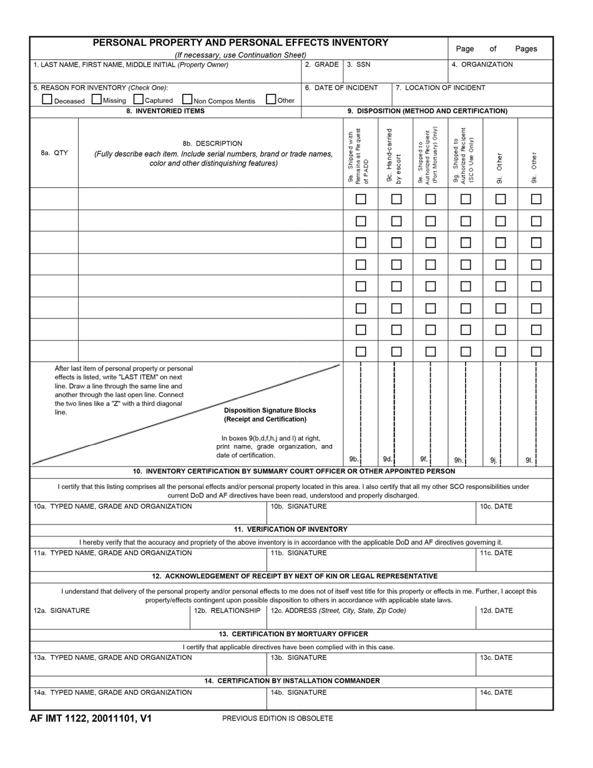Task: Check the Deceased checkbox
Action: pyautogui.click(x=47, y=99)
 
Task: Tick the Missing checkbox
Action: pyautogui.click(x=97, y=99)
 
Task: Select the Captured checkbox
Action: pyautogui.click(x=139, y=99)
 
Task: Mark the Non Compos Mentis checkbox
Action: pyautogui.click(x=187, y=99)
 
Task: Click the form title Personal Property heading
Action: pyautogui.click(x=240, y=42)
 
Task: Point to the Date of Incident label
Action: pyautogui.click(x=341, y=87)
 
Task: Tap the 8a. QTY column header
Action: pyautogui.click(x=54, y=153)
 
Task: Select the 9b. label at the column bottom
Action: pyautogui.click(x=354, y=459)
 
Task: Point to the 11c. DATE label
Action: pyautogui.click(x=496, y=553)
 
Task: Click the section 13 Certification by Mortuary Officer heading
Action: pyautogui.click(x=293, y=634)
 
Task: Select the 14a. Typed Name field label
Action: pyautogui.click(x=112, y=692)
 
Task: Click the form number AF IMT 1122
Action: pyautogui.click(x=91, y=719)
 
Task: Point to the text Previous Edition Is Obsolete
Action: pyautogui.click(x=277, y=719)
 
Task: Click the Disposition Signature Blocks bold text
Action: pyautogui.click(x=270, y=410)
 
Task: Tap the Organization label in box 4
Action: pyautogui.click(x=482, y=64)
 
